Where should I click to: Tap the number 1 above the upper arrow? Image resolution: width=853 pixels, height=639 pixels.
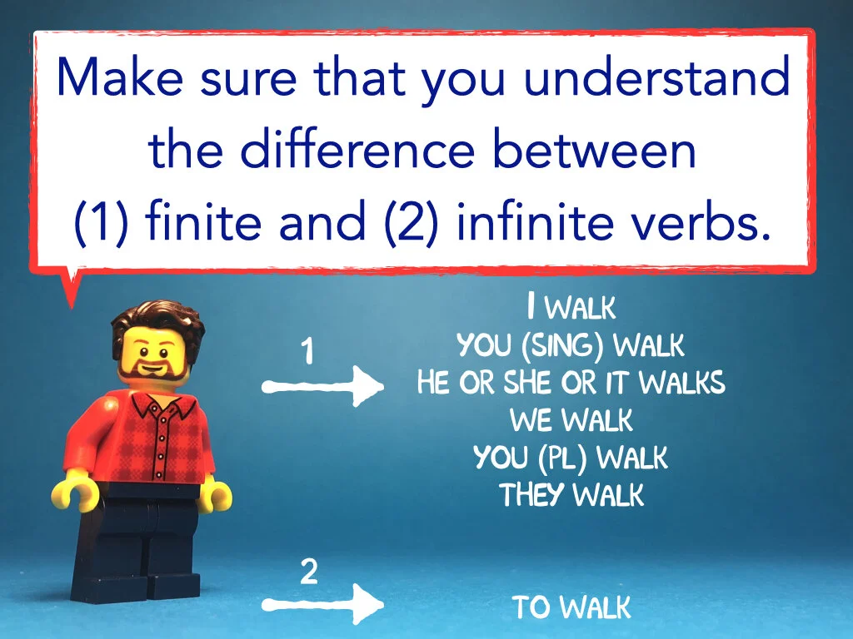click(x=307, y=353)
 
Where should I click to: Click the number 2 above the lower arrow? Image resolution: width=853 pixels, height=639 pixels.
click(x=308, y=572)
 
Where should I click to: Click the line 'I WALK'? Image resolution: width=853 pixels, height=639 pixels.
click(x=571, y=308)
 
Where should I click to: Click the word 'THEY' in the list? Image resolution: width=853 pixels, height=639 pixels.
click(x=532, y=495)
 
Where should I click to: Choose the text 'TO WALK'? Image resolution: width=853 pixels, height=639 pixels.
click(x=571, y=607)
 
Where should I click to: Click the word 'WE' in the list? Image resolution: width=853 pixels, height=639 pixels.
click(x=531, y=420)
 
